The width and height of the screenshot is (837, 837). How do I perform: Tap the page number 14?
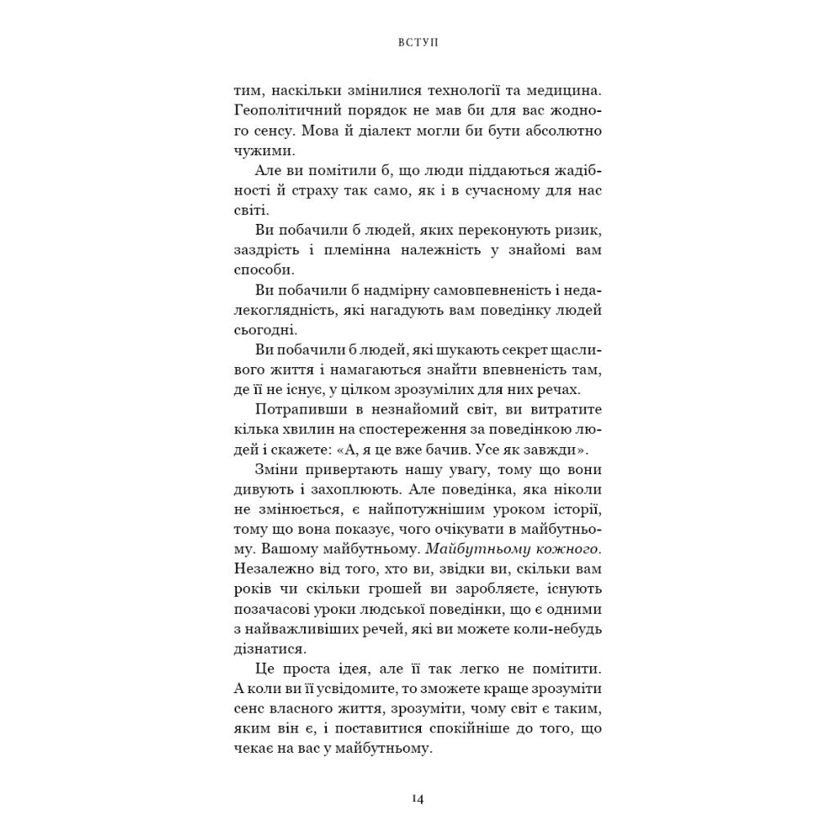tap(418, 799)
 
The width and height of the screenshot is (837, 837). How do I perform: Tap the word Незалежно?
tap(271, 566)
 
